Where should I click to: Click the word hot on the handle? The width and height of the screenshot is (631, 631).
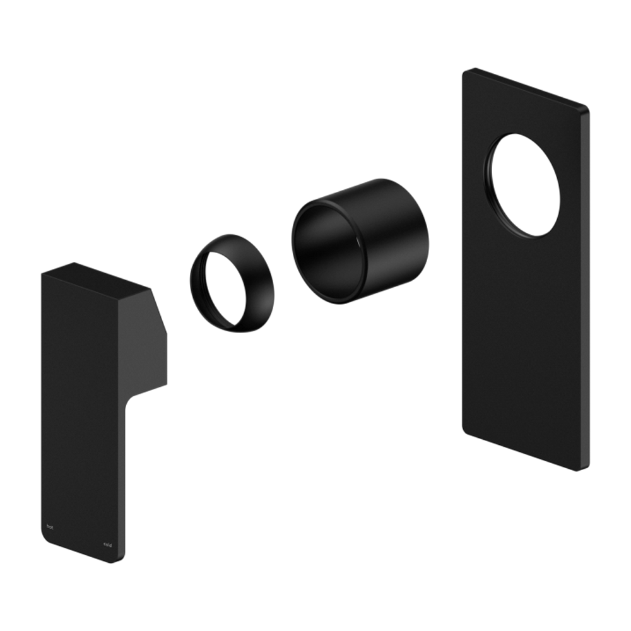51,524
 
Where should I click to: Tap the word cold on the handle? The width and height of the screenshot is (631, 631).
108,544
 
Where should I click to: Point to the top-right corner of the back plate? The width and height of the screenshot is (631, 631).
587,109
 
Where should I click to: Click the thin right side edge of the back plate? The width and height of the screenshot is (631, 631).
587,284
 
